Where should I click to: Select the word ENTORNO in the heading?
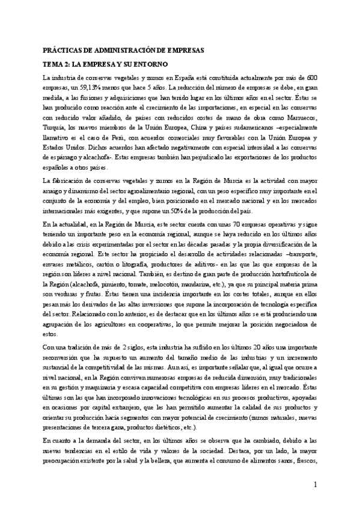150,63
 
